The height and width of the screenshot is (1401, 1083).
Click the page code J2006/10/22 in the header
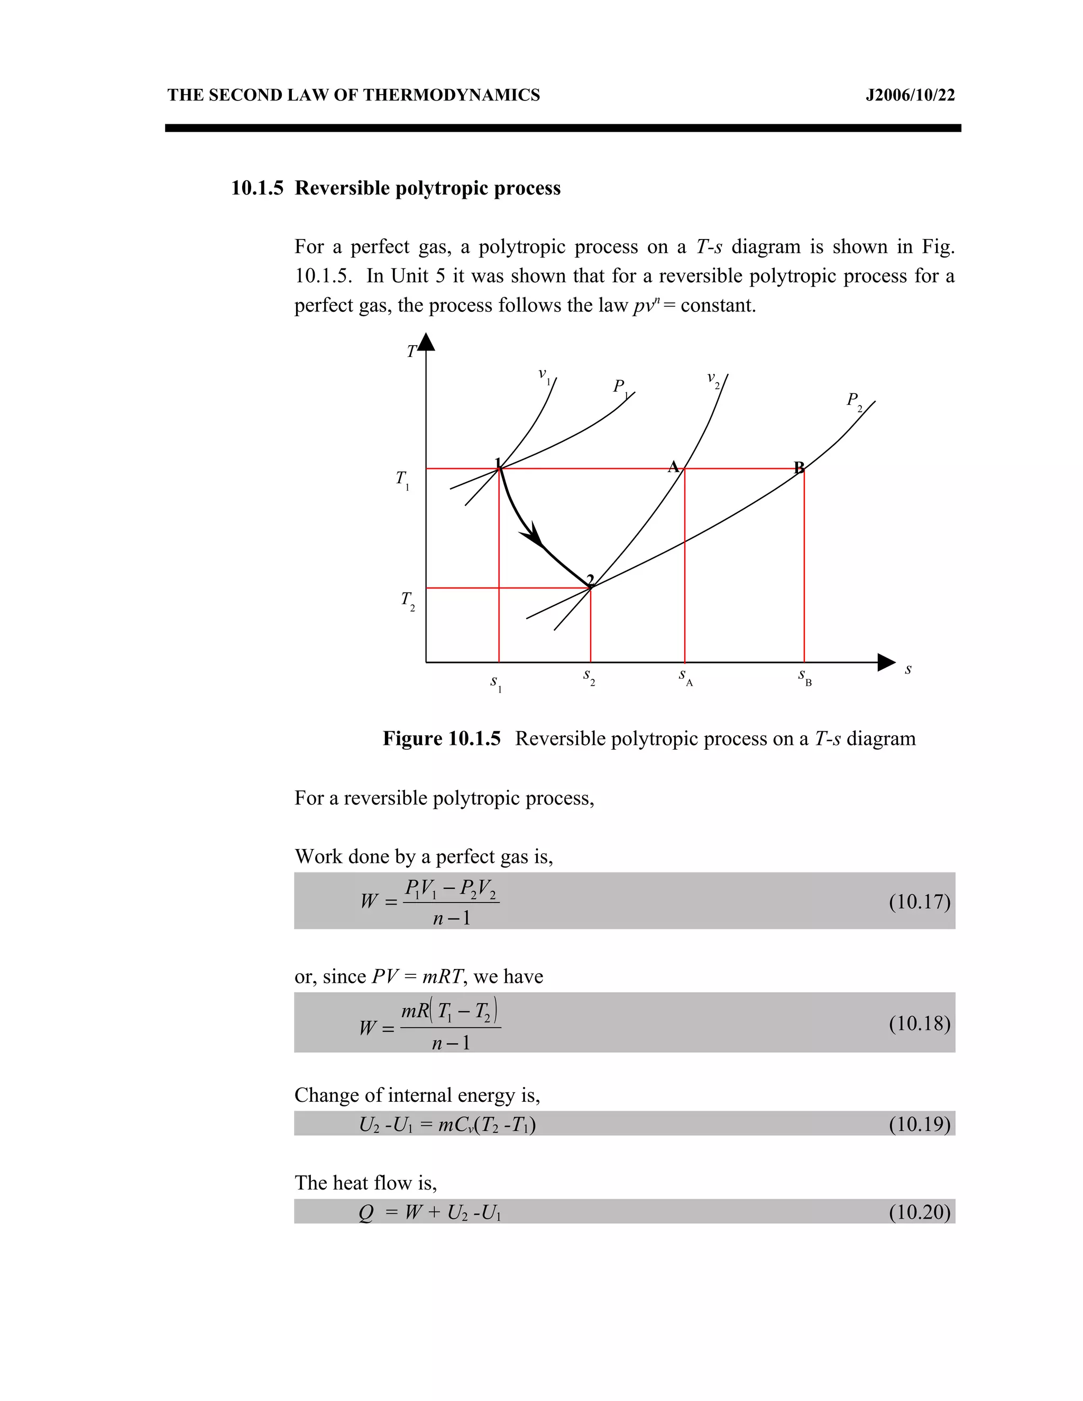(x=910, y=96)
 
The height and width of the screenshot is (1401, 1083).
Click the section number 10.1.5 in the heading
(x=256, y=188)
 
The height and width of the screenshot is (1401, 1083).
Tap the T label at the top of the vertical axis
(x=412, y=352)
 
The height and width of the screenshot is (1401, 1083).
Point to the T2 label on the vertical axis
(x=407, y=601)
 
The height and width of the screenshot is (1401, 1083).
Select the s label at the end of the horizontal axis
(x=908, y=669)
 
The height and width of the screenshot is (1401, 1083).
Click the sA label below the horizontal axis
(x=685, y=677)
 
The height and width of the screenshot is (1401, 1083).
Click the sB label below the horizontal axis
(x=804, y=677)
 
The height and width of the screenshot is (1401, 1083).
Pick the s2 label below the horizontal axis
(x=589, y=677)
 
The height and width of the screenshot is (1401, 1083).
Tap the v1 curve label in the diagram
(x=545, y=376)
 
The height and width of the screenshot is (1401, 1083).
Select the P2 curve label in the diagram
(x=855, y=402)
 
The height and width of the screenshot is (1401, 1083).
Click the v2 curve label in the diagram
(x=713, y=380)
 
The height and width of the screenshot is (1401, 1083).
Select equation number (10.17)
(x=919, y=901)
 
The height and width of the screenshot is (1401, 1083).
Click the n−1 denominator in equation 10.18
(x=451, y=1043)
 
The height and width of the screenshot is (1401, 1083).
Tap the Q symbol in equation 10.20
(x=366, y=1212)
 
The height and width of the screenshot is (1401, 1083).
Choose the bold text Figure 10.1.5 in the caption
(x=442, y=739)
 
